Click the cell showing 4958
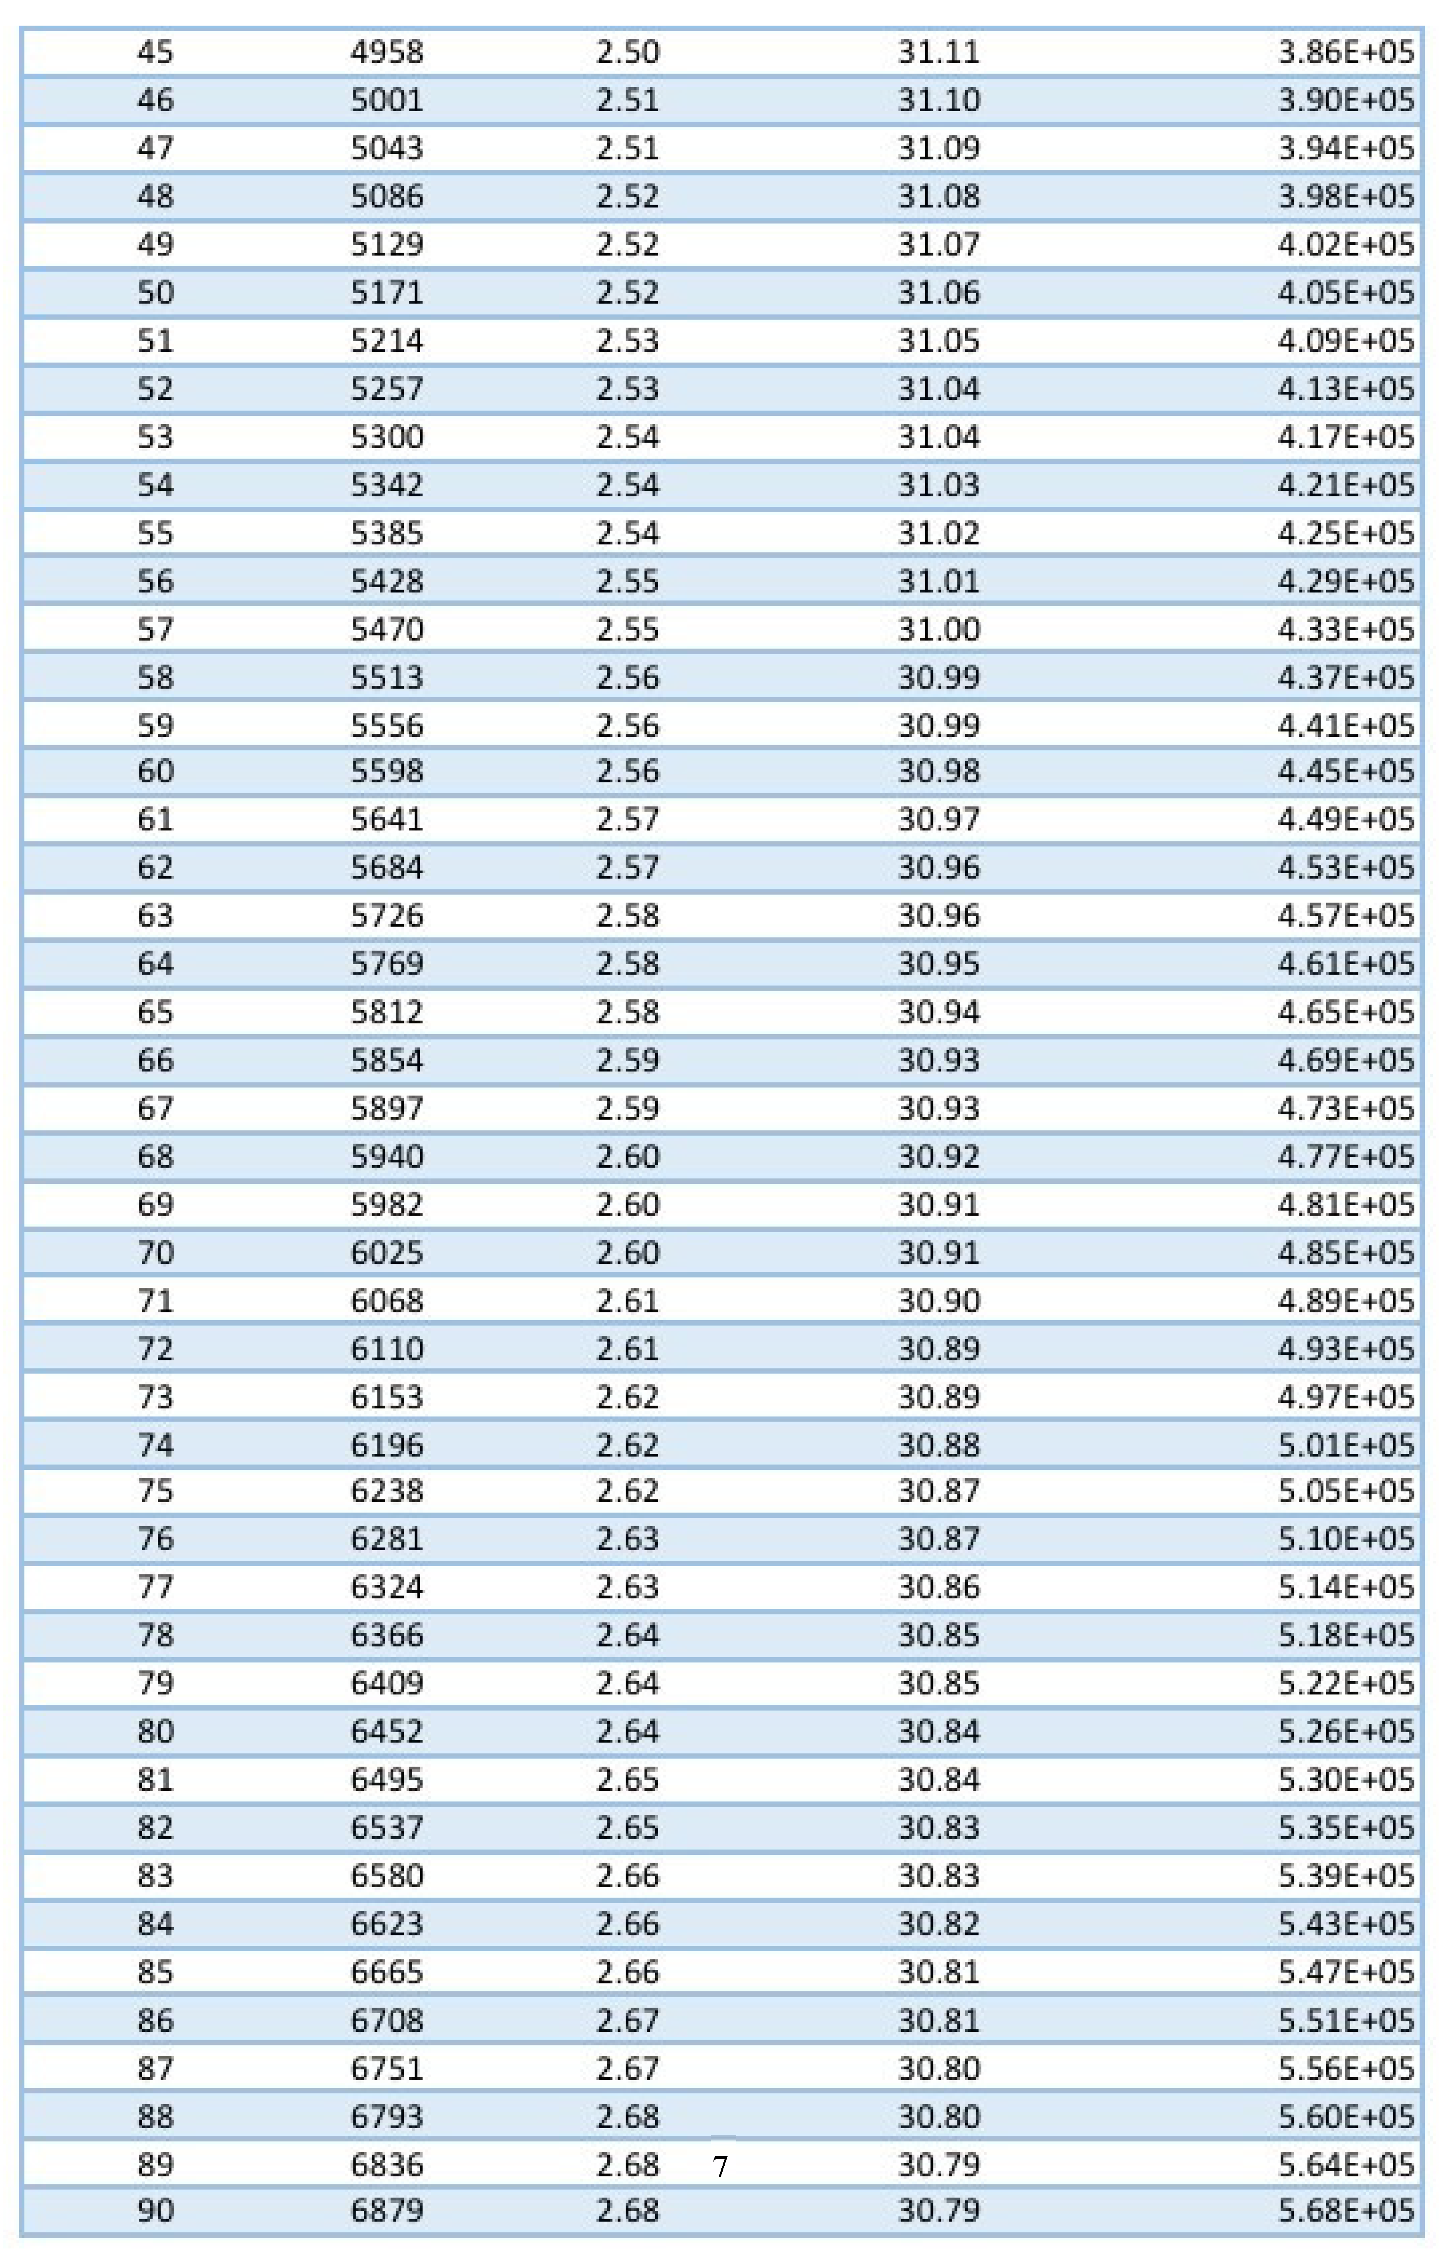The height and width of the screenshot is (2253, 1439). tap(387, 51)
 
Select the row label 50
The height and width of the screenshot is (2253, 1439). tap(155, 292)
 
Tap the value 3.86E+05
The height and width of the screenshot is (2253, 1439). tap(1346, 51)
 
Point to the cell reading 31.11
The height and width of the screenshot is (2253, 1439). tap(938, 51)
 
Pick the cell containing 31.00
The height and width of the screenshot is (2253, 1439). tap(938, 629)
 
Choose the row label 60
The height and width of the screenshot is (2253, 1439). tap(155, 771)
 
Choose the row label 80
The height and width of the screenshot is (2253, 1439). tap(155, 1731)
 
